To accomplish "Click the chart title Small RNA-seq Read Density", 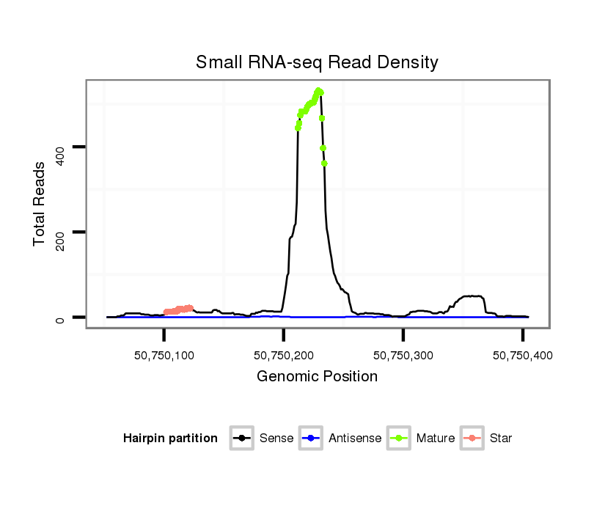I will click(x=317, y=63).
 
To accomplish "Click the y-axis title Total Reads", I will click(x=40, y=203).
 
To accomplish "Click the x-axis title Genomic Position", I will click(x=317, y=377).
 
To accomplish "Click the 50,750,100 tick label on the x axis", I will click(x=164, y=356).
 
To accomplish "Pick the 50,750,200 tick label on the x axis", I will click(x=283, y=356).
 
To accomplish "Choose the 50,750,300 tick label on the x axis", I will click(x=403, y=356).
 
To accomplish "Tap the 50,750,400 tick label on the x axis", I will click(x=522, y=356).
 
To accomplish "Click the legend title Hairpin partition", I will click(x=170, y=439).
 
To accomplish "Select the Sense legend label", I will click(x=276, y=439).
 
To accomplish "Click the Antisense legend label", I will click(x=355, y=439).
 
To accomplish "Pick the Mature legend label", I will click(x=436, y=439).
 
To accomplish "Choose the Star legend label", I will click(x=501, y=439).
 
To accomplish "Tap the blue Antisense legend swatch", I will click(x=312, y=439).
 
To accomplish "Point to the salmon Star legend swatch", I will click(x=472, y=439).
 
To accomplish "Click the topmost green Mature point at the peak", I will click(x=318, y=91).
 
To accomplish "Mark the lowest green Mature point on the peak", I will click(x=324, y=164).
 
